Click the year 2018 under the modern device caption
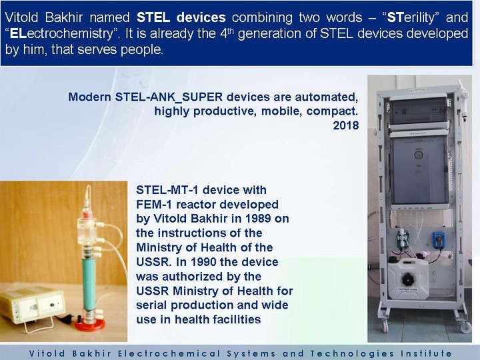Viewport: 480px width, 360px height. pos(345,125)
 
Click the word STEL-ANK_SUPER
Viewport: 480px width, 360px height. pos(169,97)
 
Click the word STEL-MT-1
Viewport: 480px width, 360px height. pos(167,190)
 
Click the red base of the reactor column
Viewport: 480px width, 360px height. pos(90,324)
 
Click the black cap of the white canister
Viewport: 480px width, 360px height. pos(408,279)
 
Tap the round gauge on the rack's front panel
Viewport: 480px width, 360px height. pos(418,155)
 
